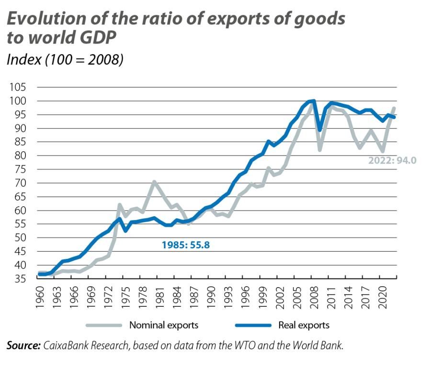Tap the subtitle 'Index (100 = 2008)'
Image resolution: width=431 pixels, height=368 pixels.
(65, 59)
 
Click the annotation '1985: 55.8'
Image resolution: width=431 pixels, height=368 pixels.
(185, 245)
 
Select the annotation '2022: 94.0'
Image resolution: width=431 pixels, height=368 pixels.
(392, 160)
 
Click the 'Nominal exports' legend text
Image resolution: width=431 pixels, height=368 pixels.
(164, 325)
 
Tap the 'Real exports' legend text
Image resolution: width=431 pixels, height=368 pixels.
(304, 325)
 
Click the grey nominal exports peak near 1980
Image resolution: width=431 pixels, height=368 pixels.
(154, 181)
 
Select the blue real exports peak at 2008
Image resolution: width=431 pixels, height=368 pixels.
(313, 100)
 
